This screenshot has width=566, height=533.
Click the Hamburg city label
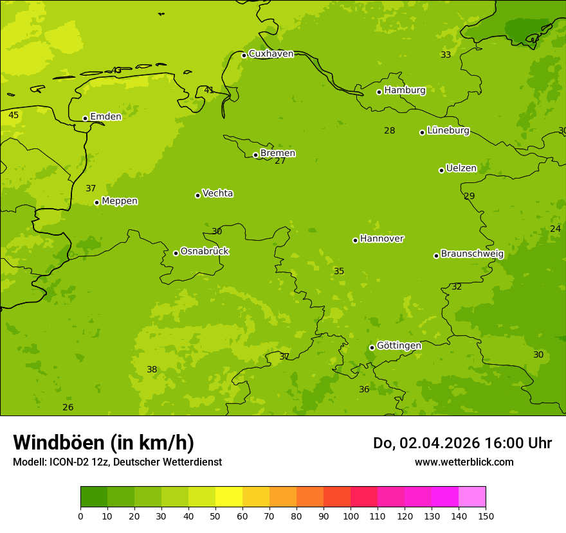click(405, 91)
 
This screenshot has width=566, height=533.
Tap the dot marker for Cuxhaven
click(244, 55)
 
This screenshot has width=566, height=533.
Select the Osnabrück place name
click(205, 251)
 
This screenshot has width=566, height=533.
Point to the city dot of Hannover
click(355, 240)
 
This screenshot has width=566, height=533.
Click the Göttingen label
click(399, 345)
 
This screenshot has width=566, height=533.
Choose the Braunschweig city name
click(472, 254)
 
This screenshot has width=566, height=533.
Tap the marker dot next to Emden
click(85, 118)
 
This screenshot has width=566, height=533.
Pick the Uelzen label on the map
click(461, 168)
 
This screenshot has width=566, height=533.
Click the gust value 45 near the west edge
click(14, 116)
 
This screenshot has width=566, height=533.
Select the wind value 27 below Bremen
click(280, 161)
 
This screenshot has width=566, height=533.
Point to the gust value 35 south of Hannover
click(339, 272)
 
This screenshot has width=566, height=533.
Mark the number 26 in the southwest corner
click(68, 408)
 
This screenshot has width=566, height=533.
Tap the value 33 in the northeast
click(446, 55)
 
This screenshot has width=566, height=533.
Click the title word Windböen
click(59, 443)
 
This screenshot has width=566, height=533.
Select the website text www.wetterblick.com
click(464, 462)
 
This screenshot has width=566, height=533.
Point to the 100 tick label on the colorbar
click(351, 516)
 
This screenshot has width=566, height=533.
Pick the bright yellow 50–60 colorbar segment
click(229, 496)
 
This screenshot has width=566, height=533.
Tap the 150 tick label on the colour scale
click(486, 516)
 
